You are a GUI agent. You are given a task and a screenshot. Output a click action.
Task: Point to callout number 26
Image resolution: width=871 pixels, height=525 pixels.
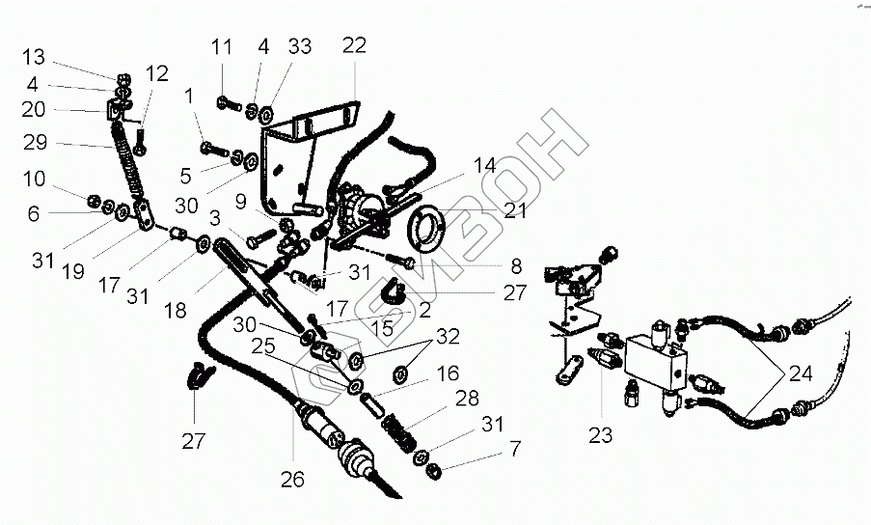pos(292,479)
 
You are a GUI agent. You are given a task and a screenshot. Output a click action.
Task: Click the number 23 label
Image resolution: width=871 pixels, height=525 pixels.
pos(600,435)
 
